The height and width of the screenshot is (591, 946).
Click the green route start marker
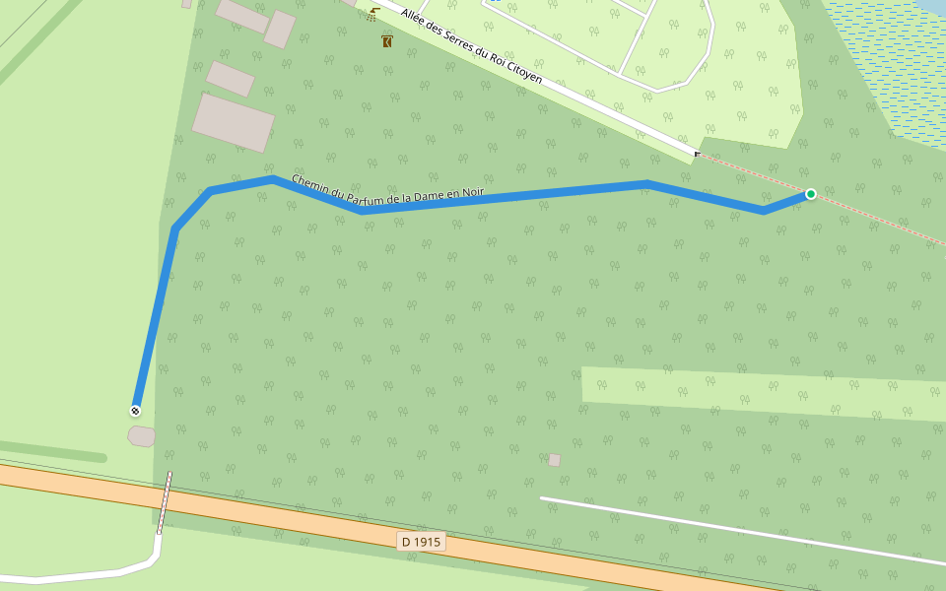click(810, 194)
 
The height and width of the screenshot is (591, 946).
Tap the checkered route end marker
click(135, 411)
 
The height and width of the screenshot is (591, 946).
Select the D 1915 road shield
click(422, 542)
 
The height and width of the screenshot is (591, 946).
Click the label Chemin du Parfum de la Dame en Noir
click(387, 187)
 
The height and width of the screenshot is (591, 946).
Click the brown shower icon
click(372, 15)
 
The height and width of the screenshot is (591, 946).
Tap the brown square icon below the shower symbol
click(387, 41)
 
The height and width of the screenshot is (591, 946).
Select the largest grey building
click(234, 123)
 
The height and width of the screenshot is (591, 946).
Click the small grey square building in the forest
click(554, 460)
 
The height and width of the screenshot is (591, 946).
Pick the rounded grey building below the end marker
click(142, 435)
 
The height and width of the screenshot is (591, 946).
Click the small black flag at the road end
click(698, 155)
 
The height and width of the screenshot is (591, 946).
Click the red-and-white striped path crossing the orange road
click(165, 502)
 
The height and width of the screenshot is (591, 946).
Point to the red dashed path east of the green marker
click(877, 219)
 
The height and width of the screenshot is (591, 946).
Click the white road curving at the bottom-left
click(89, 575)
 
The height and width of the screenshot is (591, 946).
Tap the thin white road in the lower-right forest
click(739, 530)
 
